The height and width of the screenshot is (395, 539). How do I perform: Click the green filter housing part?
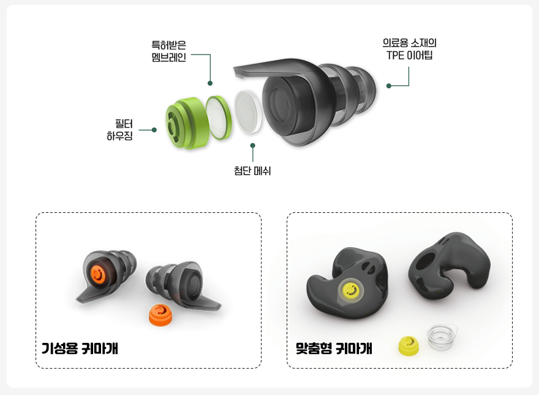[187, 123]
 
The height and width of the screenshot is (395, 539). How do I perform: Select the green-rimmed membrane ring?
[218, 117]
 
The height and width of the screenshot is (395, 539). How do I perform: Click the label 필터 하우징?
[119, 130]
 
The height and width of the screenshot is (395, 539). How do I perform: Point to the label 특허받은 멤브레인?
[169, 51]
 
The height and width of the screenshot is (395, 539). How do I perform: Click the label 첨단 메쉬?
[252, 171]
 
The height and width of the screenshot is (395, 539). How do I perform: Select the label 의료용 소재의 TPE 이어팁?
[409, 49]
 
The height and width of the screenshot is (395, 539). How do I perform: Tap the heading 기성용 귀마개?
[80, 348]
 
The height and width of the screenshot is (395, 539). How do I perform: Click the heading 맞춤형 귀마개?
[334, 348]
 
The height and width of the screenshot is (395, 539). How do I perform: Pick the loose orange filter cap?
[160, 314]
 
